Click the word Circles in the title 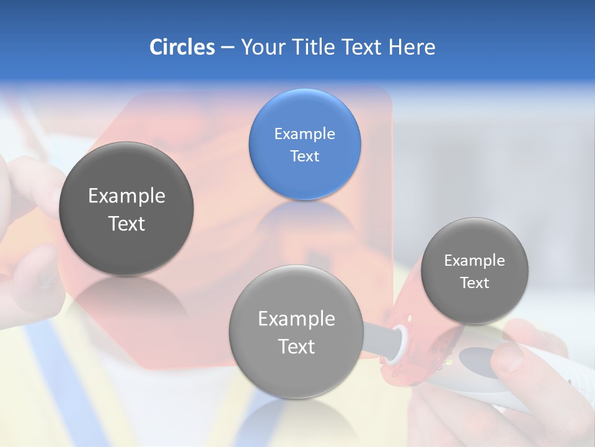pyautogui.click(x=182, y=47)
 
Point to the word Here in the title pyautogui.click(x=412, y=47)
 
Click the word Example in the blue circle pyautogui.click(x=304, y=133)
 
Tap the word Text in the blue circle pyautogui.click(x=304, y=156)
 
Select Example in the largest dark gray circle pyautogui.click(x=126, y=196)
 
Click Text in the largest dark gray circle pyautogui.click(x=126, y=223)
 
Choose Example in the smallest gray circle pyautogui.click(x=474, y=260)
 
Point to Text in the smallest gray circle pyautogui.click(x=474, y=282)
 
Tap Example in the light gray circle pyautogui.click(x=296, y=318)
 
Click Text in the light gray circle pyautogui.click(x=296, y=346)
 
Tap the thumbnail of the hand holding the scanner pyautogui.click(x=509, y=360)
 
